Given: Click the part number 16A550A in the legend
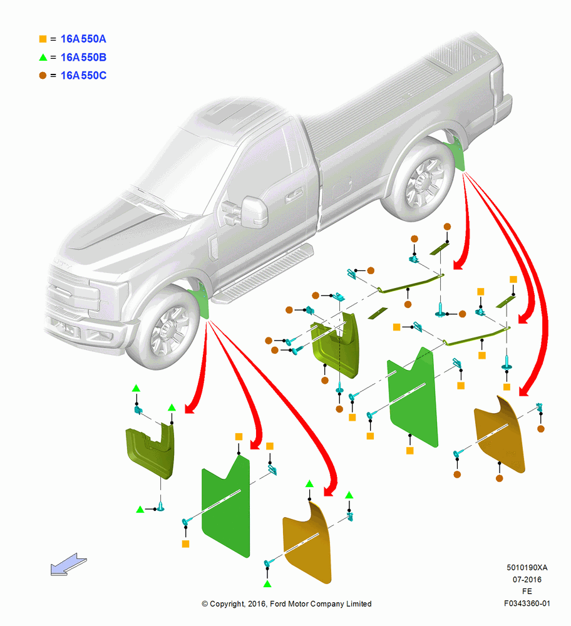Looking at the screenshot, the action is pyautogui.click(x=83, y=39).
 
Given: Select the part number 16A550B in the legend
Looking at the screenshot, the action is pyautogui.click(x=83, y=57).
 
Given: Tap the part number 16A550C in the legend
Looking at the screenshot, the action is pyautogui.click(x=83, y=76).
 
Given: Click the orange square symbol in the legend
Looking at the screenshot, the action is pyautogui.click(x=43, y=39).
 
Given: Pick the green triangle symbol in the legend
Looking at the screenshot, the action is pyautogui.click(x=43, y=57).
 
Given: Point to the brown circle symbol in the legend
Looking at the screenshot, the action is pyautogui.click(x=43, y=76).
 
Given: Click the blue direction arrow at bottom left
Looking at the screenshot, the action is pyautogui.click(x=68, y=564).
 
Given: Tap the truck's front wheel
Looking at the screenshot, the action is pyautogui.click(x=163, y=327).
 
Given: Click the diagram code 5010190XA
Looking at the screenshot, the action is pyautogui.click(x=527, y=567).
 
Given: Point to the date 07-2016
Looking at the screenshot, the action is pyautogui.click(x=527, y=579).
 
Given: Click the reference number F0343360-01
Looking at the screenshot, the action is pyautogui.click(x=527, y=603).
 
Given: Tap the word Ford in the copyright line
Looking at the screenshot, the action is pyautogui.click(x=279, y=603).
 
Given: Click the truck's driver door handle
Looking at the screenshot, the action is pyautogui.click(x=294, y=195).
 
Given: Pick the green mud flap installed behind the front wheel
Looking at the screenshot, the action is pyautogui.click(x=203, y=299).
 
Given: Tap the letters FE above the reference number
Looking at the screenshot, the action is pyautogui.click(x=527, y=592).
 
